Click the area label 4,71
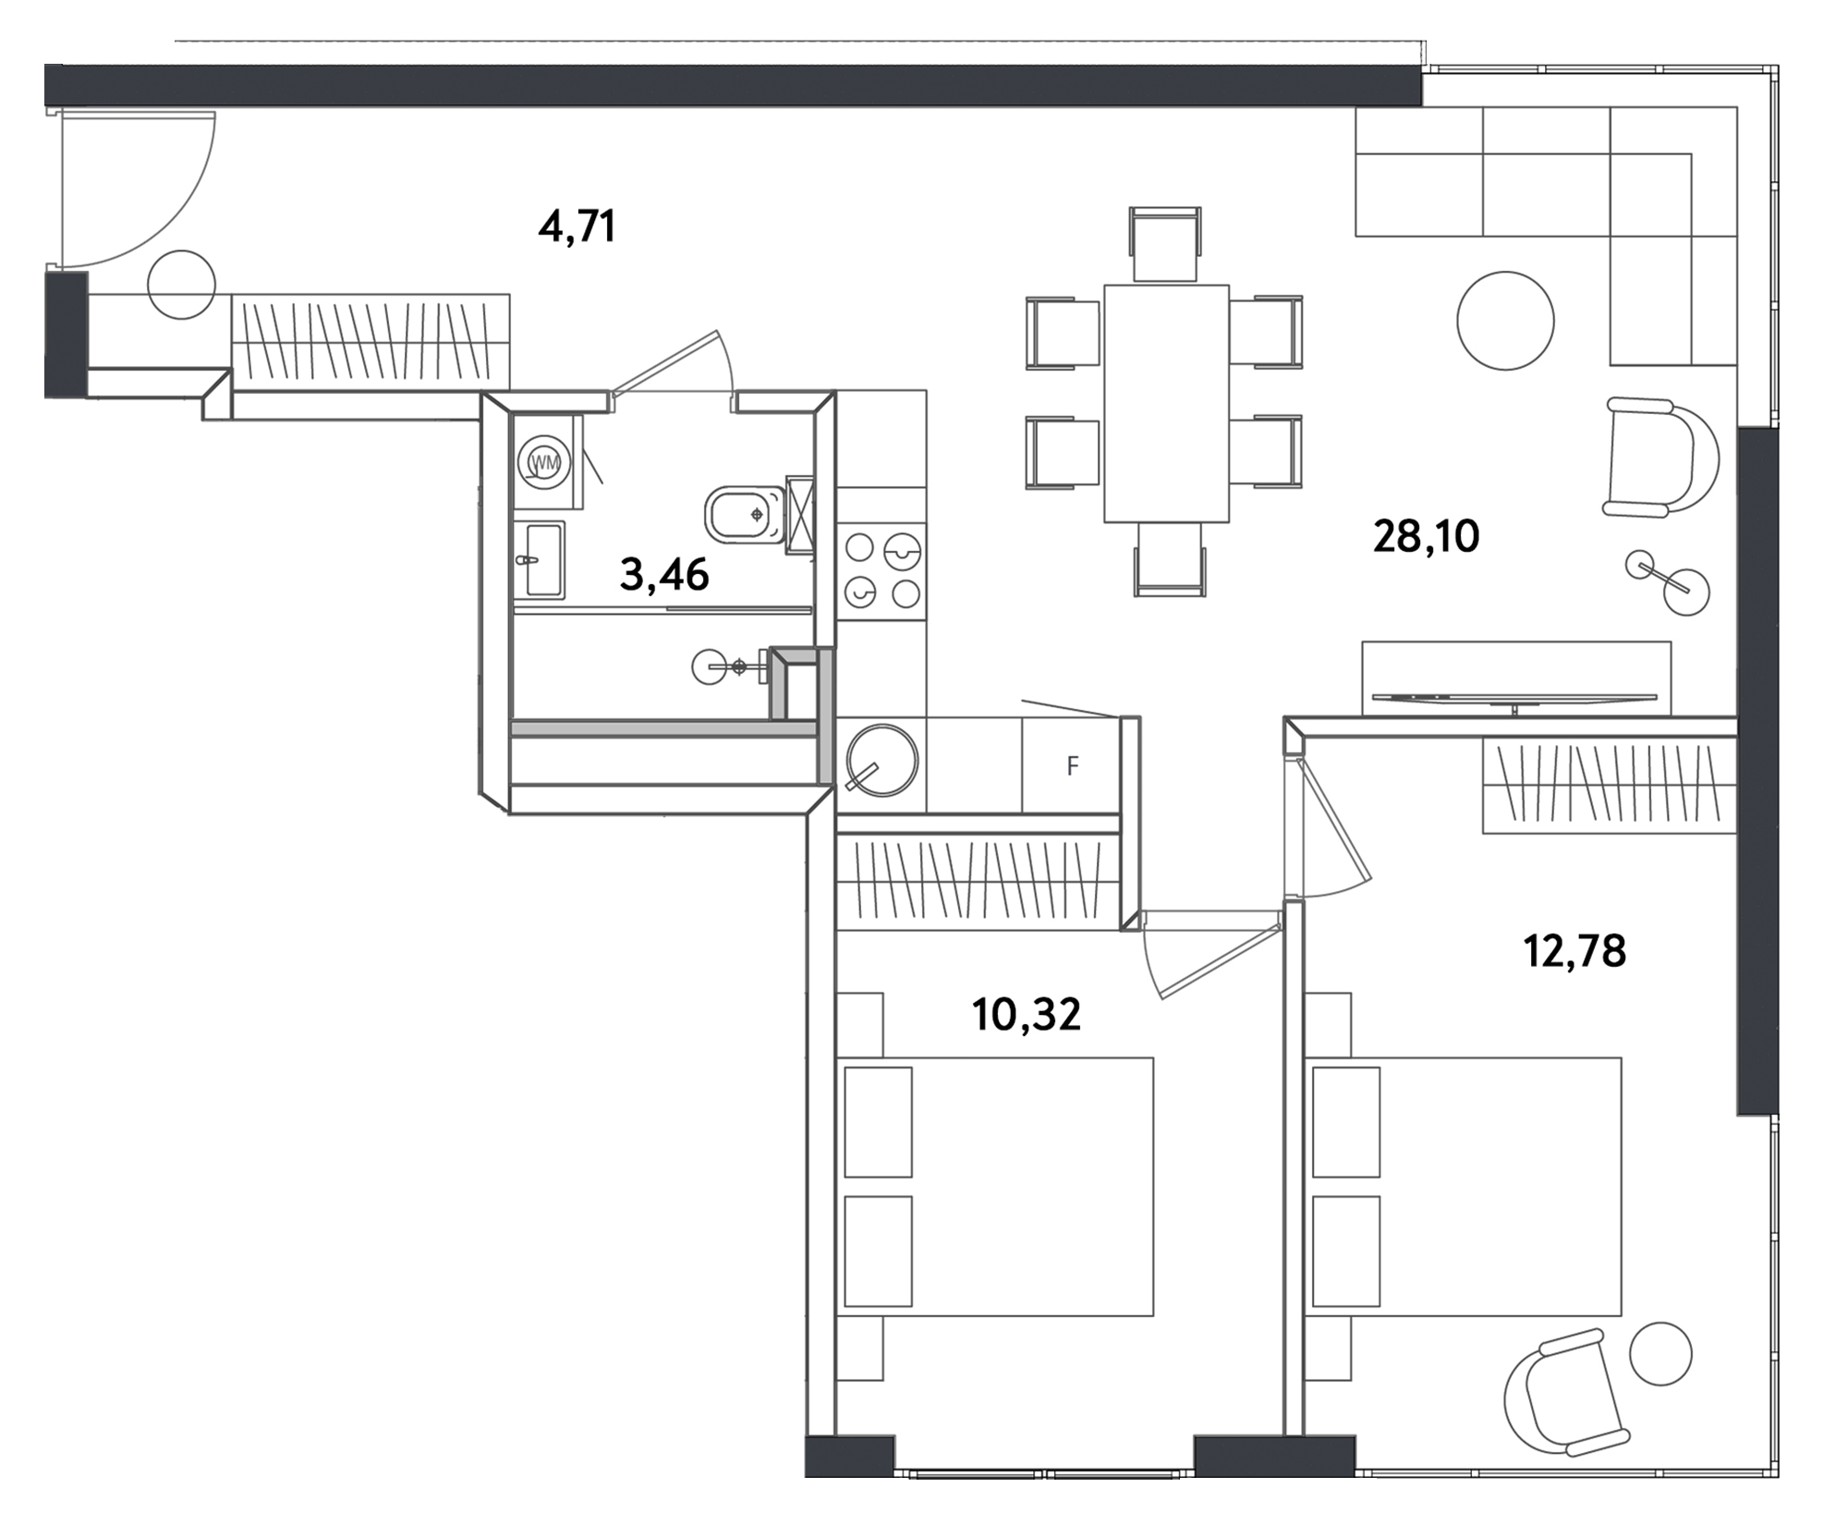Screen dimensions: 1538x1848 [577, 226]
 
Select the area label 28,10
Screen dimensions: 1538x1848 [1426, 536]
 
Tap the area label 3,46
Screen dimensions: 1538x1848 [664, 575]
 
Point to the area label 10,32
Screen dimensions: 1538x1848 [1026, 1015]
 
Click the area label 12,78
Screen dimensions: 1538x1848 [1574, 951]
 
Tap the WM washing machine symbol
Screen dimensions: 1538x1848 [545, 463]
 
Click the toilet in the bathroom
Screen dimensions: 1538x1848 [744, 515]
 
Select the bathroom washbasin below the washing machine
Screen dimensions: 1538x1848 [542, 561]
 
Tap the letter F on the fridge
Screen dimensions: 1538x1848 [1072, 766]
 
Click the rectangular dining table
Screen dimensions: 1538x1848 [1166, 403]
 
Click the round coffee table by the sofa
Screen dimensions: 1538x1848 [1505, 321]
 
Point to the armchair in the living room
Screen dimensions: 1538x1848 [1659, 458]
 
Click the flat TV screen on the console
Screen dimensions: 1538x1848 [1514, 697]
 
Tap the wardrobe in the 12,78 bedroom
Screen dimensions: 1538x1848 [1609, 786]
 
